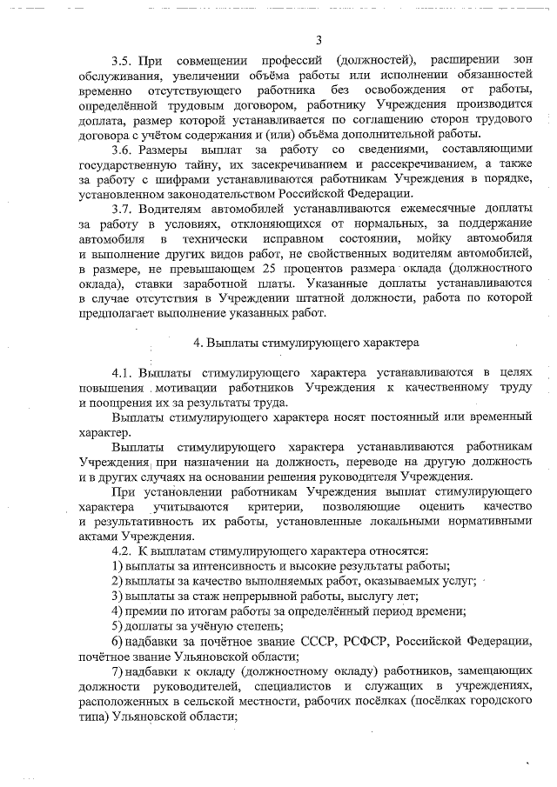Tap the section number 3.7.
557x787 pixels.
tap(124, 210)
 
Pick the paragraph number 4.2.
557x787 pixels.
tap(124, 551)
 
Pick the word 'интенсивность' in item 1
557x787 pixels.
tap(224, 566)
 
